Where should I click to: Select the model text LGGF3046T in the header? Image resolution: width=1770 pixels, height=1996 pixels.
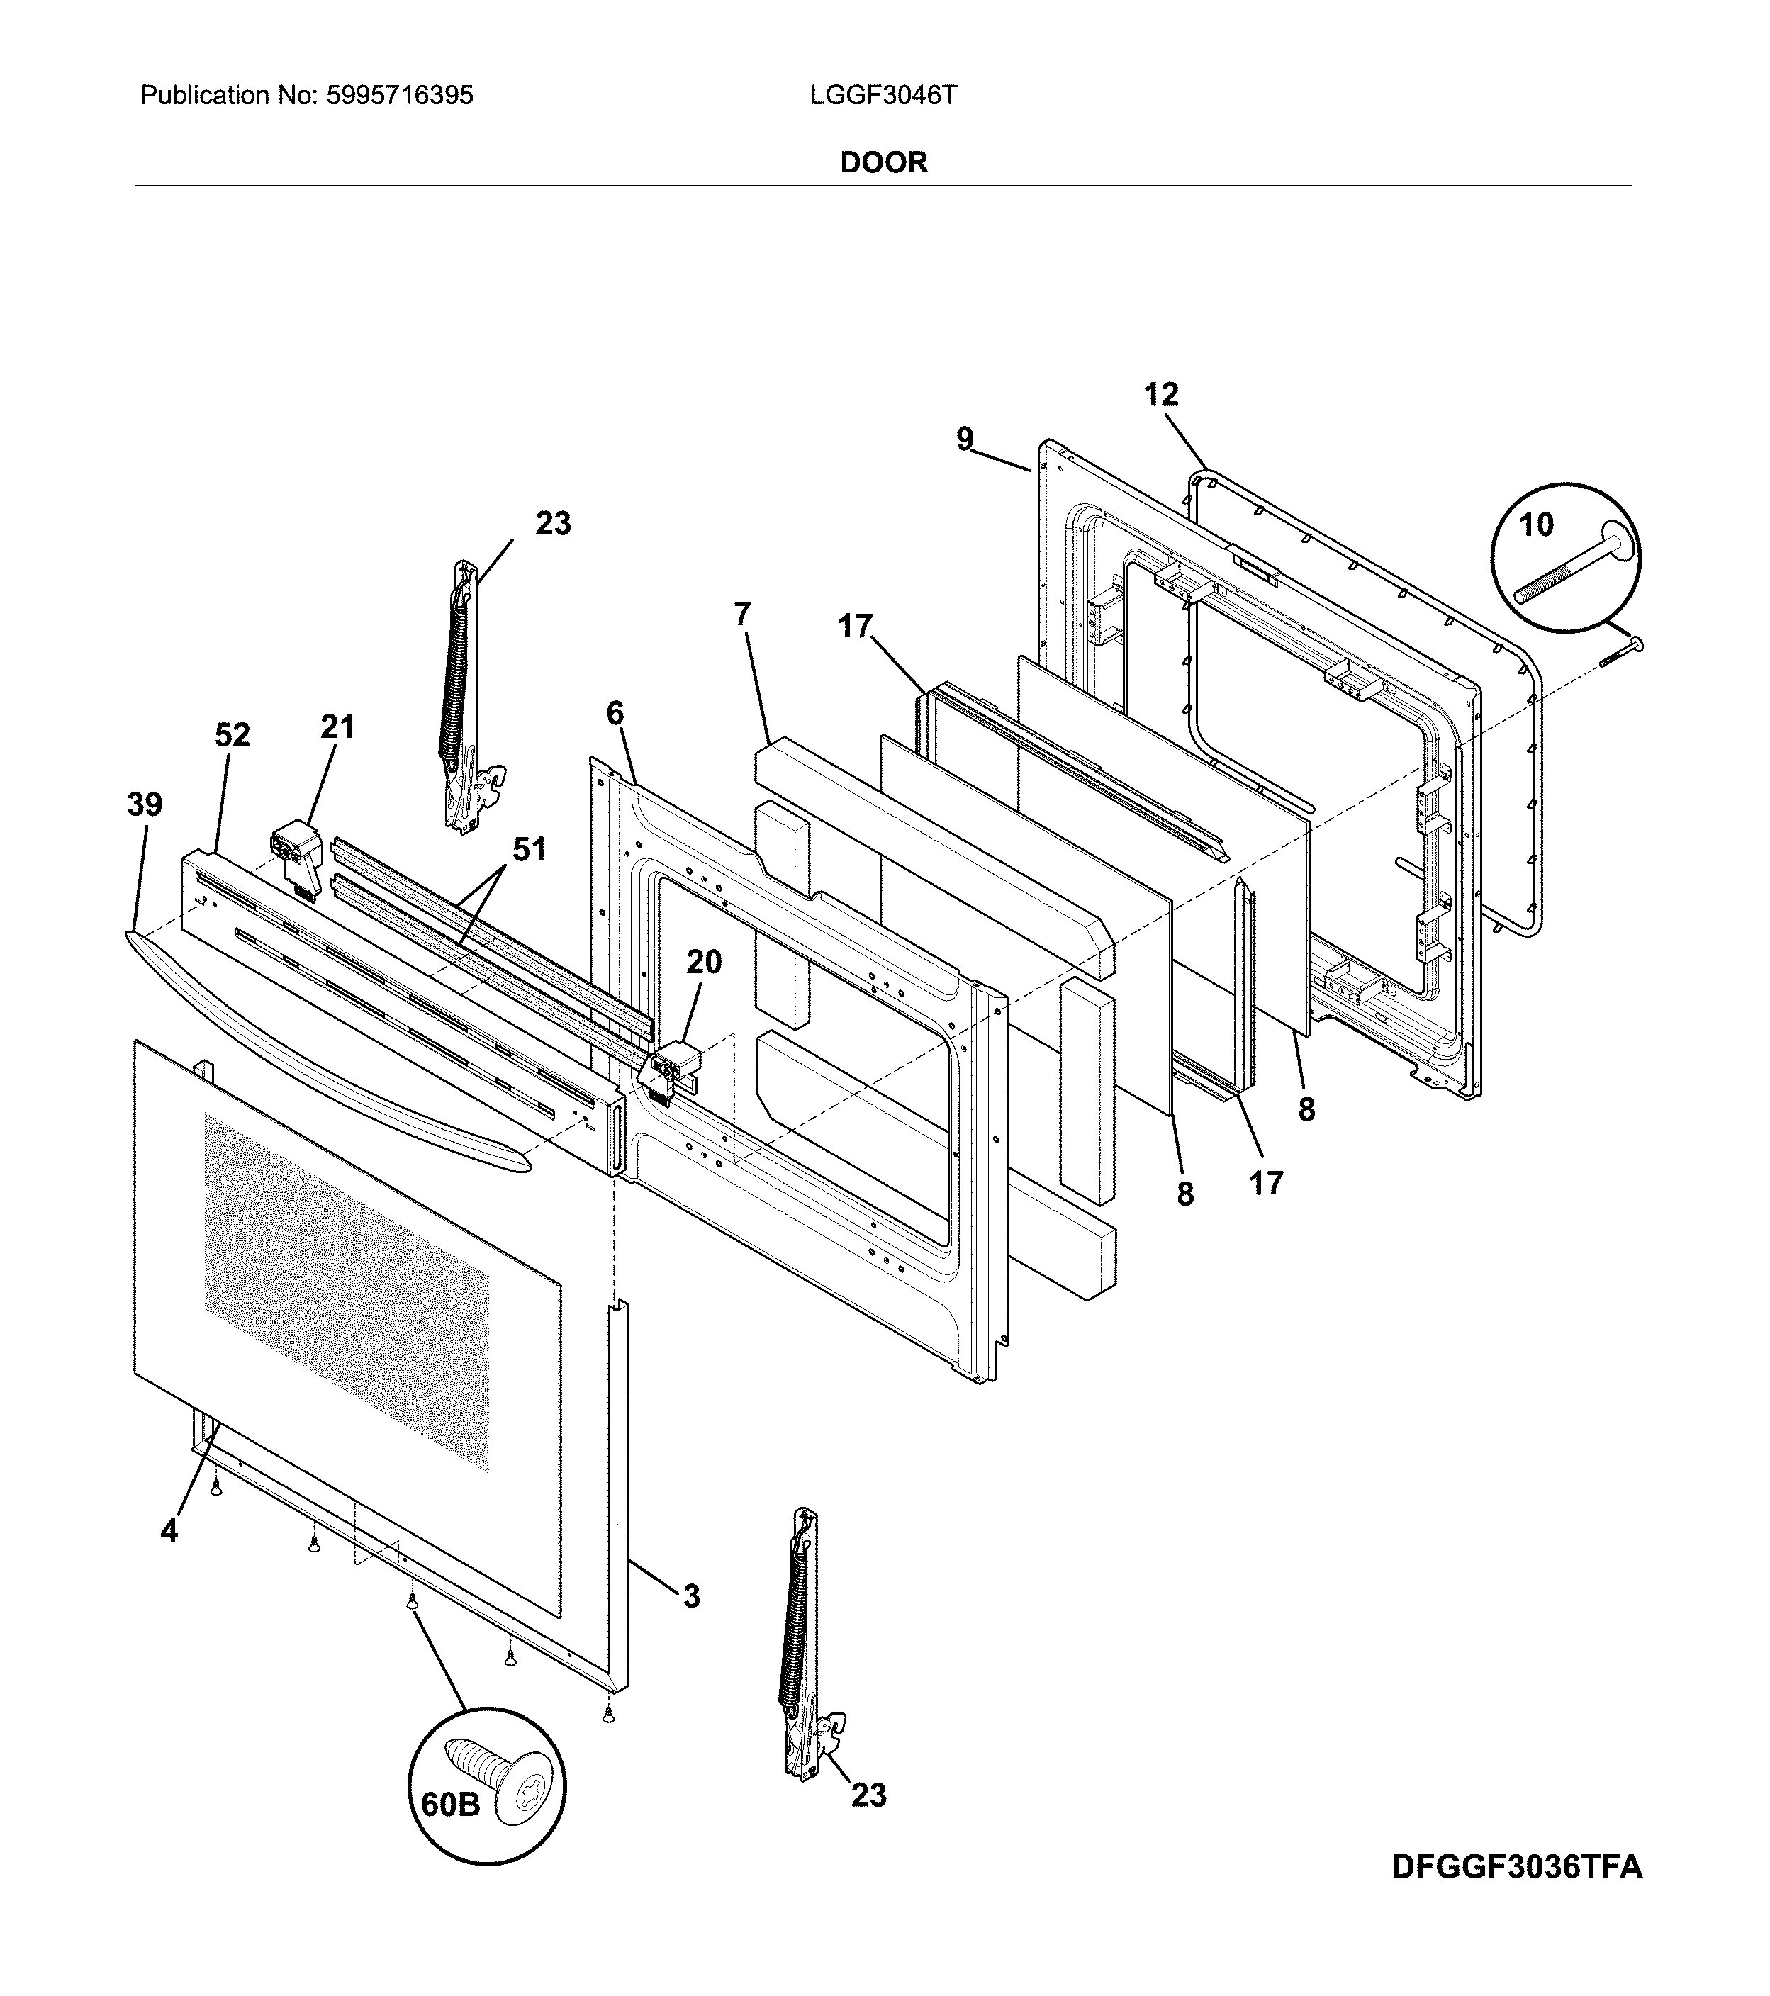[883, 96]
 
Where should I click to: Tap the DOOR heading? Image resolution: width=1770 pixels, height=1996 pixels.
[883, 162]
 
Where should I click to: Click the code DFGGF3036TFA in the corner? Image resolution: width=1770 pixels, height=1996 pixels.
[1516, 1867]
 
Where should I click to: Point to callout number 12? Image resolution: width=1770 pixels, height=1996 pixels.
[1160, 396]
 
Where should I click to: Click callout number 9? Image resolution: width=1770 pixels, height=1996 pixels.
[964, 440]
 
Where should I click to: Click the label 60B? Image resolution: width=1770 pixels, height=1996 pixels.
[450, 1805]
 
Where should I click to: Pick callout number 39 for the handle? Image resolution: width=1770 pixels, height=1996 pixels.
[145, 806]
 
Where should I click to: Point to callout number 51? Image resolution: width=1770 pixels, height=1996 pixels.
[530, 850]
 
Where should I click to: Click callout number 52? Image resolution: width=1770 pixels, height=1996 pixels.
[233, 735]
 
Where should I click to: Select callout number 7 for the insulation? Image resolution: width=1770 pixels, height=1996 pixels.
[742, 615]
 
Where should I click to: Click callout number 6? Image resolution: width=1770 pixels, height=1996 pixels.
[615, 714]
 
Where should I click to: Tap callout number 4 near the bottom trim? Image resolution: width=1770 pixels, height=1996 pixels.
[169, 1532]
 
